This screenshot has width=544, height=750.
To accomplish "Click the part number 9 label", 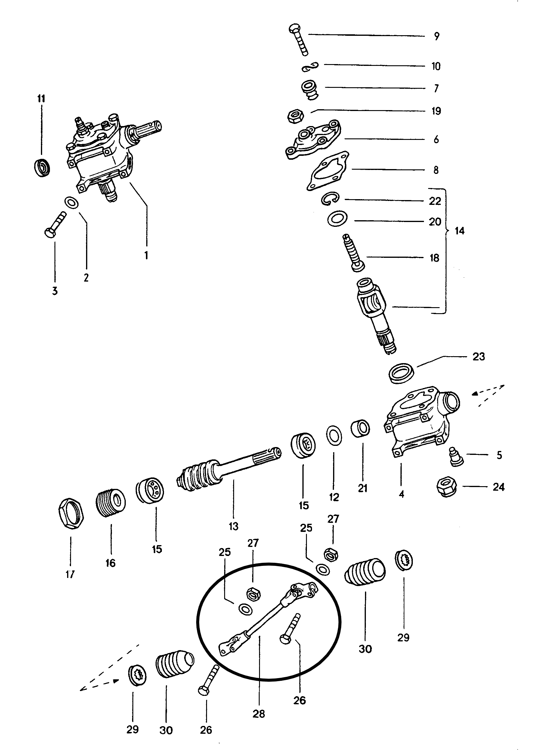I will point(437,36).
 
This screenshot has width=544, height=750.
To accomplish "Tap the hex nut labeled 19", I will point(295,116).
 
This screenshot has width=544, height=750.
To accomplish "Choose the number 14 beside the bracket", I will point(459,231).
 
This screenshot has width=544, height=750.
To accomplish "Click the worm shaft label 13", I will point(233,526).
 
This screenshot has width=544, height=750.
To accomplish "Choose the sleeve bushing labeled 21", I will point(360,429).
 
